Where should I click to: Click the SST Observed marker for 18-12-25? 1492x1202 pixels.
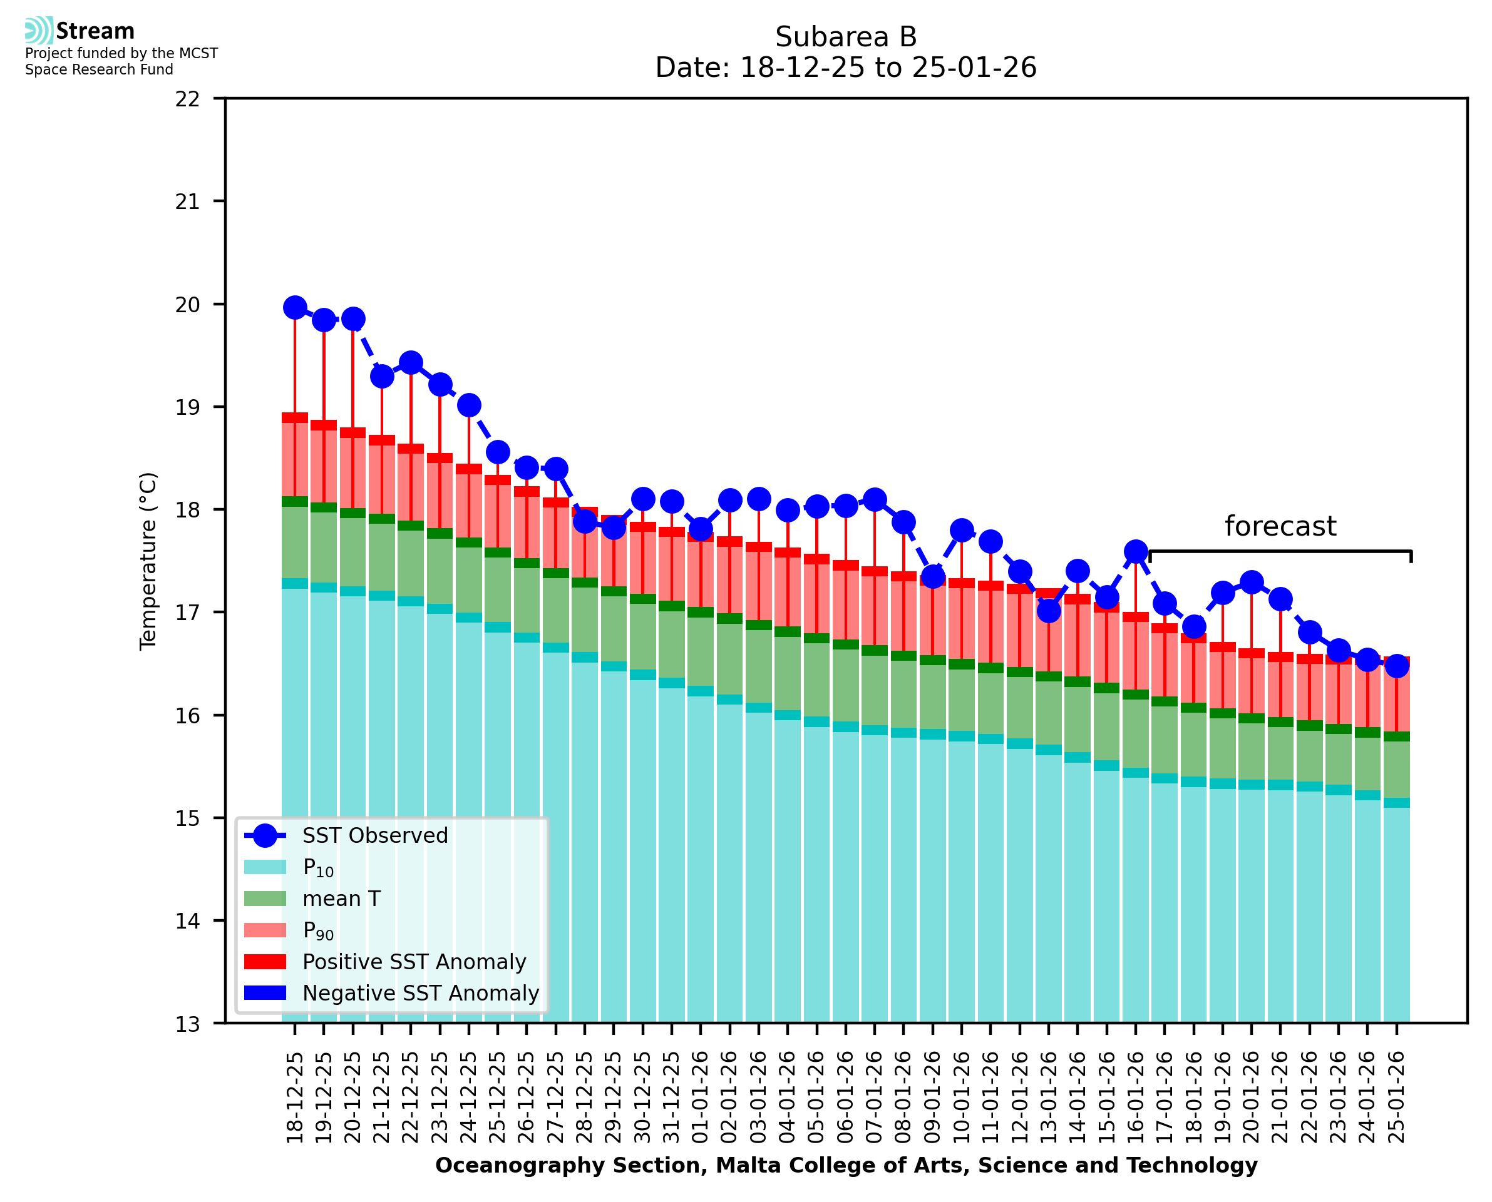[x=295, y=308]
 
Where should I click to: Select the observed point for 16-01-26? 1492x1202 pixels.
[x=1136, y=552]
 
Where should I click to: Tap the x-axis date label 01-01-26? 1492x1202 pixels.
[x=700, y=1098]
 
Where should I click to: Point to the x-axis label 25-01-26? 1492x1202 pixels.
[x=1396, y=1098]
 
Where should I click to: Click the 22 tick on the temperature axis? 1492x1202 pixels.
[x=188, y=99]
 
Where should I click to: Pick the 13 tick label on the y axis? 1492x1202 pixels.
[x=188, y=1024]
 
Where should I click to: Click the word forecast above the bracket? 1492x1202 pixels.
[x=1280, y=527]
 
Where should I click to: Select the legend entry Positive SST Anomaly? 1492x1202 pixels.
[x=414, y=962]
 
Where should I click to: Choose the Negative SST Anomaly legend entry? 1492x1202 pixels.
[x=421, y=993]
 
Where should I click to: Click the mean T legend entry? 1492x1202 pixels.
[x=341, y=899]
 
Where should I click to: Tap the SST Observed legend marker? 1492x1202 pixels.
[x=265, y=836]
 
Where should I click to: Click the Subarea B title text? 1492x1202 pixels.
[x=846, y=37]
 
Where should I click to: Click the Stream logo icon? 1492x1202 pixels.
[x=39, y=31]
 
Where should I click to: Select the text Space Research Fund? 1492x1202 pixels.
[x=99, y=69]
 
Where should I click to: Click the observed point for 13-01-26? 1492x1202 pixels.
[x=1049, y=611]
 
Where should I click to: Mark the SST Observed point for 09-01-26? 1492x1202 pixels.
[x=933, y=577]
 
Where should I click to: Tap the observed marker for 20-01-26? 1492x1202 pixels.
[x=1252, y=583]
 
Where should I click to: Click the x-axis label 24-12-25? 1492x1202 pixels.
[x=469, y=1098]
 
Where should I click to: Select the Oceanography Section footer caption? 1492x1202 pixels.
[x=846, y=1165]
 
